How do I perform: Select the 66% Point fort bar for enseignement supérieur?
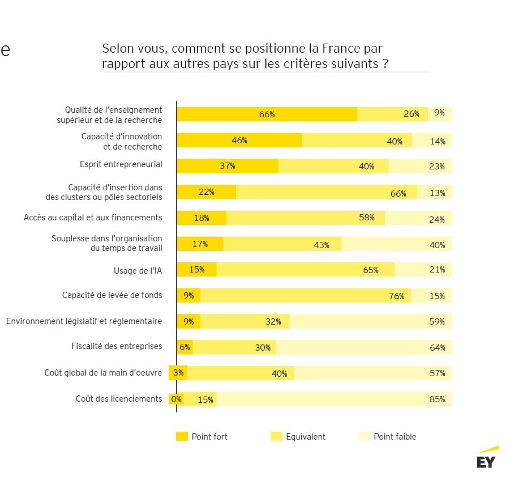click(x=267, y=114)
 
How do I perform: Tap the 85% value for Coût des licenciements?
click(x=437, y=399)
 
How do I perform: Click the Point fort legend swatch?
click(x=182, y=436)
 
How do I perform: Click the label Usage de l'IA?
click(x=138, y=271)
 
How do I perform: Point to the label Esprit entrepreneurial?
click(x=121, y=164)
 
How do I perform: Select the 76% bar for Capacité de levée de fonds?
click(x=306, y=296)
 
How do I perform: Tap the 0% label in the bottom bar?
click(x=176, y=399)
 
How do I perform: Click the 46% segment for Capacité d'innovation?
click(x=239, y=140)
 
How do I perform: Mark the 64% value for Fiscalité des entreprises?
click(x=437, y=347)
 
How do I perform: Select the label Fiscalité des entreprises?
click(x=117, y=346)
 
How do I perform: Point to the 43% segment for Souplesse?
click(x=283, y=244)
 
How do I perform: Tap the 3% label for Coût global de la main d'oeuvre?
click(x=178, y=373)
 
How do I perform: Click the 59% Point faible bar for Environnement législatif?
click(x=371, y=321)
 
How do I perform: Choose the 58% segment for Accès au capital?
click(x=306, y=218)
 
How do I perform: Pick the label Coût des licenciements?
click(x=119, y=399)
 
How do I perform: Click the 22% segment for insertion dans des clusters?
click(x=206, y=192)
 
